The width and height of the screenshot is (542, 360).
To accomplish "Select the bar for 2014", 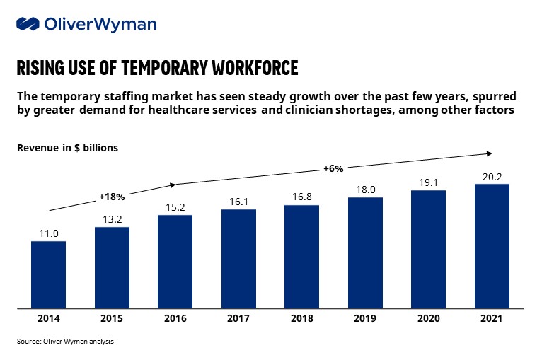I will tap(48, 274).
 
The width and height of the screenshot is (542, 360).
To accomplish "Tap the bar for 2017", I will tap(238, 259).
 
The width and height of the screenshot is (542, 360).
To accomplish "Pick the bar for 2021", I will tap(492, 246).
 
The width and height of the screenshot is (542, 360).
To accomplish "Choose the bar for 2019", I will tap(365, 252).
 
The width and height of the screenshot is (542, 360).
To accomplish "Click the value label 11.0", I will tap(48, 233).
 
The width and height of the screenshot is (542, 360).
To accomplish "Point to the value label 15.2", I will tap(175, 207).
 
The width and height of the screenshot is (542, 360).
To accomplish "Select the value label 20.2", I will tap(492, 175).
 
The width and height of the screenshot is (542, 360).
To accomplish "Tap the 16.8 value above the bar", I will tap(302, 197).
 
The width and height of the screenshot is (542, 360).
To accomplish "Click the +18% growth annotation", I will tap(111, 196).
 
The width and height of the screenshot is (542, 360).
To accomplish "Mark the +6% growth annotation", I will tap(333, 168).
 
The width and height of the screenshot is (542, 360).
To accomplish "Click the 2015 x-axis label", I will tap(112, 319).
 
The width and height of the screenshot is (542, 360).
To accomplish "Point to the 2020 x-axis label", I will tap(429, 319).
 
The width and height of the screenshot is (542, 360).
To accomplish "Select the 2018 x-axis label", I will tap(302, 319).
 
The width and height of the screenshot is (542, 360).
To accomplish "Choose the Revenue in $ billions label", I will tap(67, 148).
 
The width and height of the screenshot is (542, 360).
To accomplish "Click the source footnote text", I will tap(64, 342).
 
